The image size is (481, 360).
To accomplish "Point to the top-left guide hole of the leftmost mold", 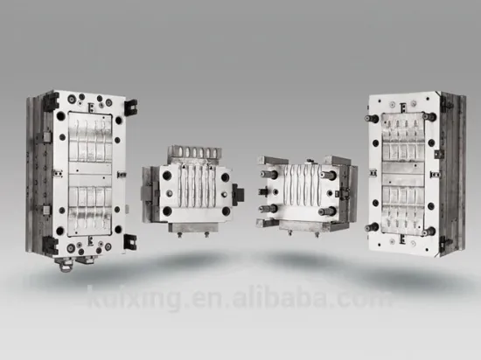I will pyautogui.click(x=59, y=114).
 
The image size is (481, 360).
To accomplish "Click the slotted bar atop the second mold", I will pyautogui.click(x=184, y=154).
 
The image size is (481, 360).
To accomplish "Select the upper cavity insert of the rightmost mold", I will pyautogui.click(x=403, y=141).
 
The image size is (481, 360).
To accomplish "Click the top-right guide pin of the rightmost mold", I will pyautogui.click(x=431, y=115).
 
